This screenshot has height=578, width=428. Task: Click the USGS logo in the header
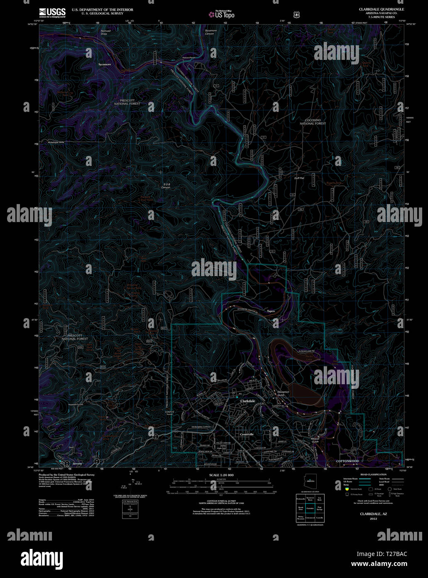(x=52, y=13)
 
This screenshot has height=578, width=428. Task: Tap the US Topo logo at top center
(x=222, y=15)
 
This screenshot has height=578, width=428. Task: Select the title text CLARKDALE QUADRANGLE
(x=381, y=9)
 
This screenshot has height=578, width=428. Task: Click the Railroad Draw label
(x=106, y=32)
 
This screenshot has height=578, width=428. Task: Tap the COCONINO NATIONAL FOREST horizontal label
(x=312, y=122)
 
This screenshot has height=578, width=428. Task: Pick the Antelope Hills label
(x=56, y=142)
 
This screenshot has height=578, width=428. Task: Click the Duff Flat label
(x=299, y=178)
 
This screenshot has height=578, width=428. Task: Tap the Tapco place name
(x=271, y=311)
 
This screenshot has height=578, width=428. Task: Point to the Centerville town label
(x=247, y=434)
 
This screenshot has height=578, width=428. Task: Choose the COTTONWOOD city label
(x=347, y=461)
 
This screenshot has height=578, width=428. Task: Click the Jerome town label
(x=78, y=463)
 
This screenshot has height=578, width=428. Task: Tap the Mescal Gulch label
(x=315, y=440)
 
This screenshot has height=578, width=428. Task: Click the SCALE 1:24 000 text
(x=221, y=475)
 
